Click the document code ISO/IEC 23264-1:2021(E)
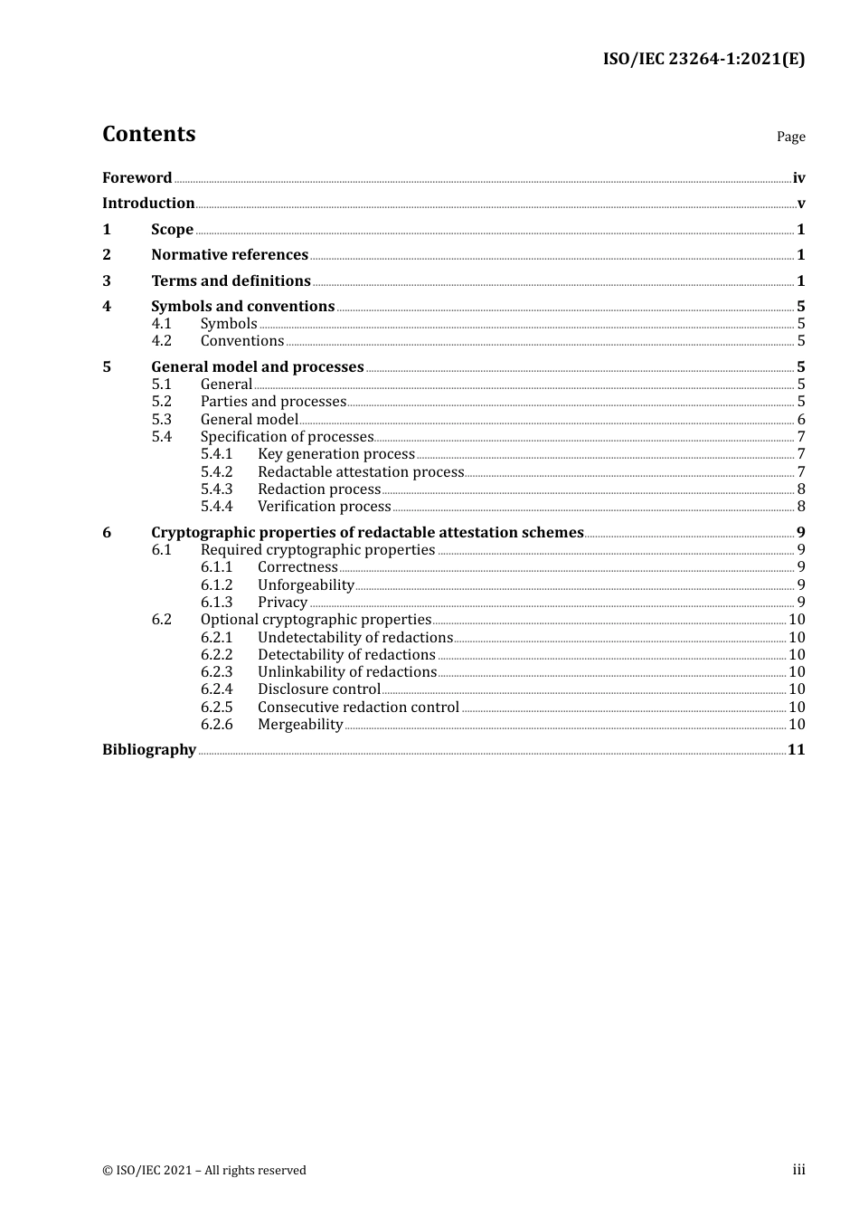(x=703, y=60)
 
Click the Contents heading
(x=148, y=134)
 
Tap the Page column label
(x=790, y=137)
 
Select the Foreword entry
(x=137, y=178)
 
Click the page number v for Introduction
(x=800, y=204)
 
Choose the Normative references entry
(x=230, y=255)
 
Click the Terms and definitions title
(x=231, y=281)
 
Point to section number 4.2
(x=161, y=341)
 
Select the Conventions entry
(x=242, y=341)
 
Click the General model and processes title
(x=257, y=367)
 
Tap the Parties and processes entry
(x=273, y=402)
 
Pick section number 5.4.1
(x=216, y=454)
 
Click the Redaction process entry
(x=319, y=489)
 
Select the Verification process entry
(x=324, y=507)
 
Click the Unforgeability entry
(x=306, y=585)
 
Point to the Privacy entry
(x=282, y=603)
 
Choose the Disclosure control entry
(x=318, y=689)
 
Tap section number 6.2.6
(x=216, y=725)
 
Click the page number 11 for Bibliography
(x=796, y=750)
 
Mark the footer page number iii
(x=798, y=1170)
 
